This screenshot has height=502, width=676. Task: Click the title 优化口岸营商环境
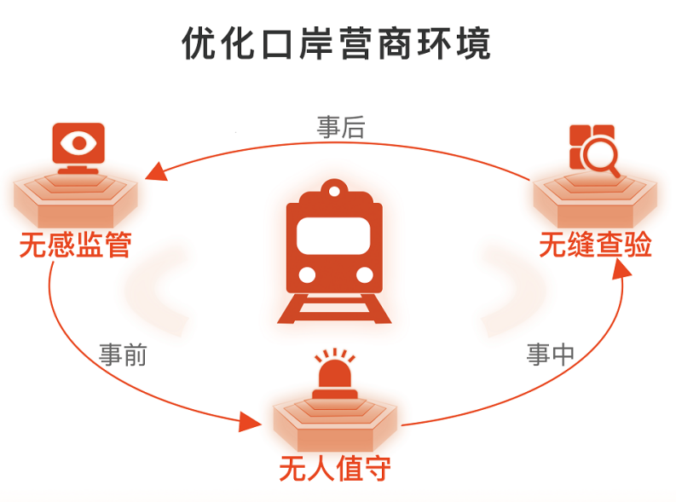[x=337, y=43]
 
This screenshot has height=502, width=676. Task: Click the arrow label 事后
[x=340, y=128]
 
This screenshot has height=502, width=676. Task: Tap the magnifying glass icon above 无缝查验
[x=594, y=150]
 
